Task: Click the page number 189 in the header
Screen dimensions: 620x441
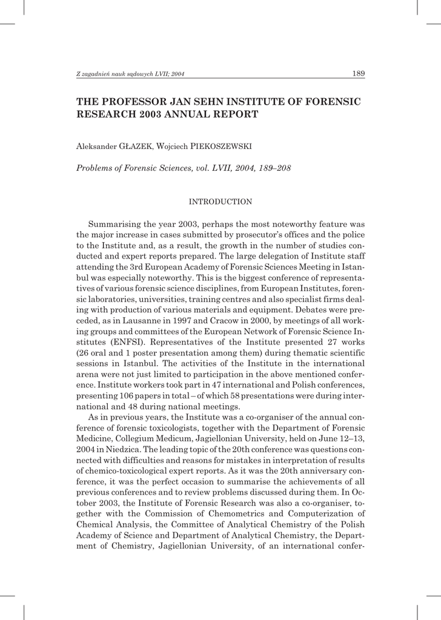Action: pos(358,74)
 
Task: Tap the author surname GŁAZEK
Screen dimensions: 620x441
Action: pos(136,146)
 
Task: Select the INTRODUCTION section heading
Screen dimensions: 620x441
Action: pos(220,201)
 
